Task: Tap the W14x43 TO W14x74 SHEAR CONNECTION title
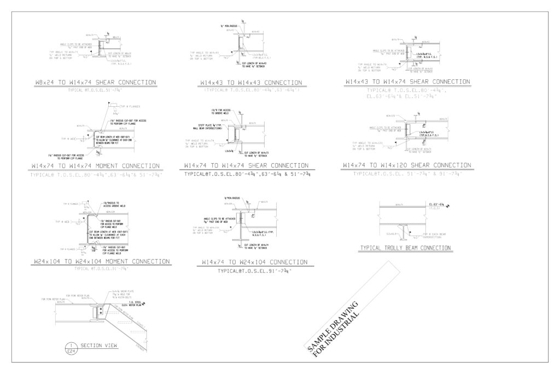[x=407, y=82]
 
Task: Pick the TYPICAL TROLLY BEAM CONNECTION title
[x=405, y=248]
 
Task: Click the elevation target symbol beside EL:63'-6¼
[x=448, y=206]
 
